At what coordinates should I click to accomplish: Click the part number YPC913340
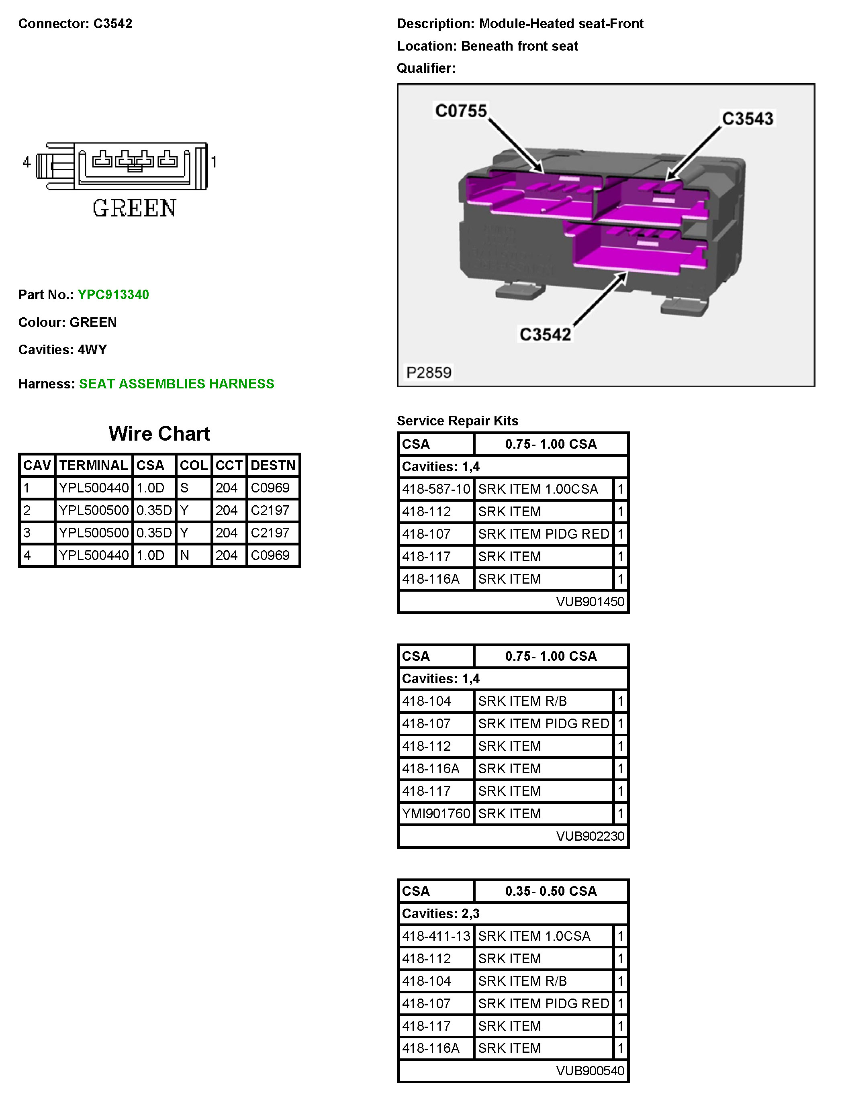coord(113,294)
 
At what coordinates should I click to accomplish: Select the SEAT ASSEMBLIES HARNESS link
coord(176,384)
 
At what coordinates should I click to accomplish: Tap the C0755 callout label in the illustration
coord(460,111)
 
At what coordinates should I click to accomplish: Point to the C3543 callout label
coord(747,119)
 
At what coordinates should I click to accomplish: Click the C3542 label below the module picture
coord(545,335)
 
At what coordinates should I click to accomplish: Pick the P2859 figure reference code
coord(428,372)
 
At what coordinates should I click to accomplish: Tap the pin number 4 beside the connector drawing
coord(27,162)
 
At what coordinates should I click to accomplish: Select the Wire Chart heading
coord(159,434)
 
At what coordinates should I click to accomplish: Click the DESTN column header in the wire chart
coord(273,465)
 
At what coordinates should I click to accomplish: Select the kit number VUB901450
coord(590,602)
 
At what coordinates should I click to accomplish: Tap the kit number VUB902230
coord(590,836)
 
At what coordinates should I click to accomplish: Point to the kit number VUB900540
coord(590,1070)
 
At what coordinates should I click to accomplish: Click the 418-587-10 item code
coord(436,489)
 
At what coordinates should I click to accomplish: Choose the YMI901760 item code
coord(436,813)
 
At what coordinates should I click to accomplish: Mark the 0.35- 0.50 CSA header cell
coord(551,891)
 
